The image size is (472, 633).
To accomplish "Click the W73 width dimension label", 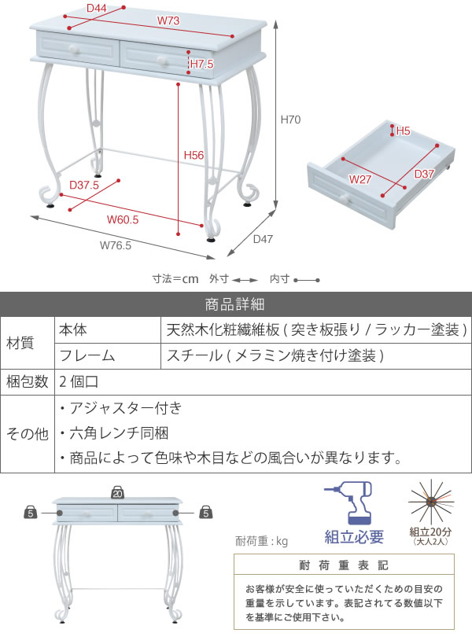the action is (168, 20).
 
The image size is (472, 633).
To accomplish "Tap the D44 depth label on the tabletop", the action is (97, 8).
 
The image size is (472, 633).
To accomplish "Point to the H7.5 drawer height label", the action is (202, 64).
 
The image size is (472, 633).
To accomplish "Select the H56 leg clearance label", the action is (194, 155).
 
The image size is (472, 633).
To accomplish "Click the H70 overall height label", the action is (291, 120).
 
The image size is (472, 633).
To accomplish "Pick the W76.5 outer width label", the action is (116, 245).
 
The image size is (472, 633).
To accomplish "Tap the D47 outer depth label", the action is (263, 239).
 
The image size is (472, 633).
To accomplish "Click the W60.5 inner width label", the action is (123, 219).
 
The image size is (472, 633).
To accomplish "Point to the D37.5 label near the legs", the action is (84, 185).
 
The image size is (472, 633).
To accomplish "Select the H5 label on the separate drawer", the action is (403, 131).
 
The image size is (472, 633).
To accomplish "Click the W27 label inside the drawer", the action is (360, 179).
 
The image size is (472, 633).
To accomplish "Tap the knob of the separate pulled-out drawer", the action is (345, 198).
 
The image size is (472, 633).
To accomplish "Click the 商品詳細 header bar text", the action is (234, 304).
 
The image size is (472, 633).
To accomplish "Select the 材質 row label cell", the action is (20, 343).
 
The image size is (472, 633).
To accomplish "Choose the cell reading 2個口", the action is (79, 381).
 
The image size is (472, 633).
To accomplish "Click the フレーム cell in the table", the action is (87, 355).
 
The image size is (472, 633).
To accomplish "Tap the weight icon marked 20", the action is (117, 492).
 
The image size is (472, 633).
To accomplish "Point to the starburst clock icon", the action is (431, 502).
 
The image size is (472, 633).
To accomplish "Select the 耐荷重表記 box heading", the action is (344, 565).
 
